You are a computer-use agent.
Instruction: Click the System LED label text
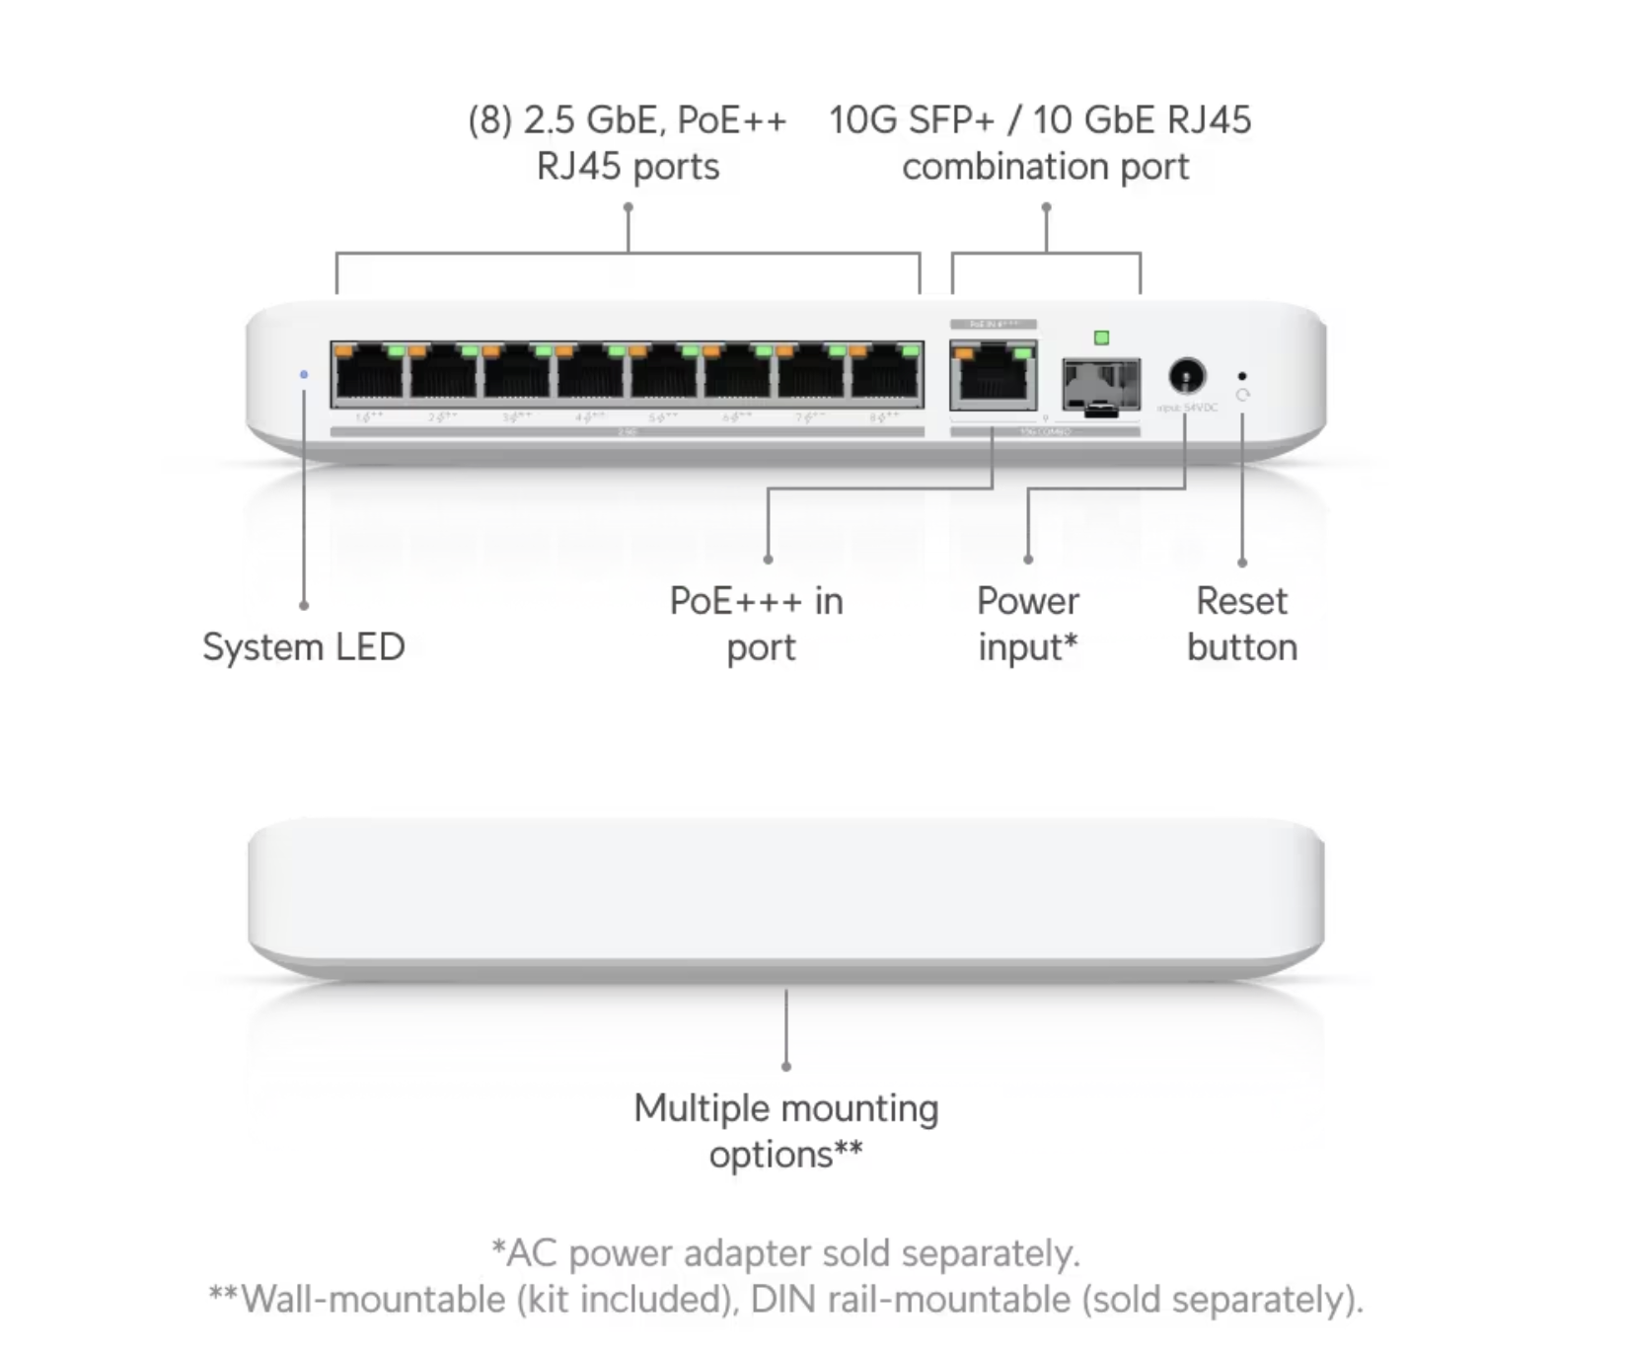pos(303,647)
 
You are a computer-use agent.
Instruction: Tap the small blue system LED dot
pos(304,375)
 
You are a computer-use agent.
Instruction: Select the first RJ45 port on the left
pos(370,375)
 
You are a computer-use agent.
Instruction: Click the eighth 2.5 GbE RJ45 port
pos(885,375)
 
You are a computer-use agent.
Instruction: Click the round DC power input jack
pos(1186,376)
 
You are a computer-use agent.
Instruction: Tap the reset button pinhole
pos(1241,376)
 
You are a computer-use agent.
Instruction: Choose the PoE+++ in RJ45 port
pos(993,377)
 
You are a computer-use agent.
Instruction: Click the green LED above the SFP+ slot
pos(1101,338)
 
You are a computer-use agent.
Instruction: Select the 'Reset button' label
pos(1241,624)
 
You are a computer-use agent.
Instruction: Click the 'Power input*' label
pos(1027,624)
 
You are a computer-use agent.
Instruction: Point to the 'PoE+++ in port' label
pos(757,624)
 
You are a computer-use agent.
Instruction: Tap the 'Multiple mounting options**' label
pos(785,1131)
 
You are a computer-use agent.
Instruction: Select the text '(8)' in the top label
pos(490,120)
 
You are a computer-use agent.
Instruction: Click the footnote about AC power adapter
pos(785,1253)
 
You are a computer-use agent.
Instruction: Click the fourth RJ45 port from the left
pos(590,375)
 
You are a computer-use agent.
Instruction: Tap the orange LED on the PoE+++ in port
pos(964,352)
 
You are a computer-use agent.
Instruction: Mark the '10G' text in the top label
pos(862,120)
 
